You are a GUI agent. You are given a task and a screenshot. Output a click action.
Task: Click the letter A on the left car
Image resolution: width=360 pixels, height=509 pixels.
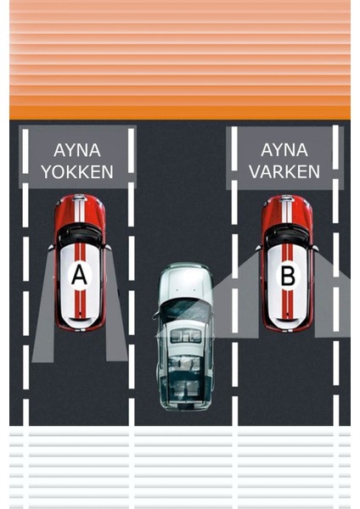tap(80, 274)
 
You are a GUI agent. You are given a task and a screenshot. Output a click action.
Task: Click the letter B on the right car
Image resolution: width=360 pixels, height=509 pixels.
tap(288, 274)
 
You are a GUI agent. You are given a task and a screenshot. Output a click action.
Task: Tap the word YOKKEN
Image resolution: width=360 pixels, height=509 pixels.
tap(77, 172)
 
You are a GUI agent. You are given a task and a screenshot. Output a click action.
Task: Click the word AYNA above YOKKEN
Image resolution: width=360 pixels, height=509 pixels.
tap(77, 150)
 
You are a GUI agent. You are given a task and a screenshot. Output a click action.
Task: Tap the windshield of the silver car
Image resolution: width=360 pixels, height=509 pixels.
tap(184, 310)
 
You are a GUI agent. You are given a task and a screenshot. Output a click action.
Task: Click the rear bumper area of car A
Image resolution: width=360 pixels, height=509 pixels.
tap(81, 323)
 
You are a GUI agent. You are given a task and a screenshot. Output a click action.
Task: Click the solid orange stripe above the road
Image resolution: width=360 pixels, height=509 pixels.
tap(180, 112)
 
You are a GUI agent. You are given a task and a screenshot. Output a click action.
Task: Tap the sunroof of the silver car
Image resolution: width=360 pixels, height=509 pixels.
tap(184, 336)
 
